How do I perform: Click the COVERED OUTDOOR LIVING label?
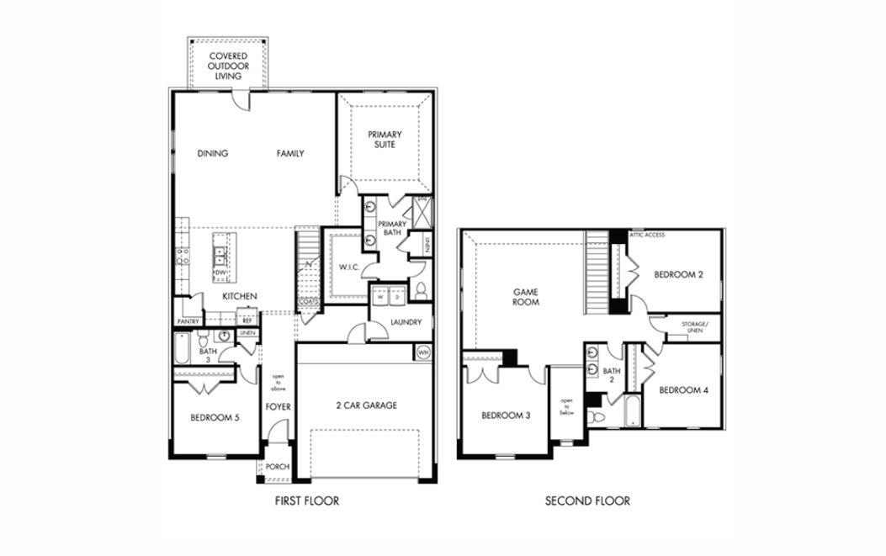(x=228, y=66)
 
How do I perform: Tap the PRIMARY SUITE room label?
(x=384, y=140)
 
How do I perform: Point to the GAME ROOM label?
(x=526, y=297)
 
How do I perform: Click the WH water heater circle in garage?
(x=423, y=352)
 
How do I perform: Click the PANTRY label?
(x=188, y=321)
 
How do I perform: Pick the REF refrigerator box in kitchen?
(x=247, y=320)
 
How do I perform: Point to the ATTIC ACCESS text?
(x=647, y=235)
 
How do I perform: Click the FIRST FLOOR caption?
(x=307, y=501)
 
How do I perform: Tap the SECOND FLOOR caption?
(x=587, y=501)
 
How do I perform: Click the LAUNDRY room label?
(x=406, y=322)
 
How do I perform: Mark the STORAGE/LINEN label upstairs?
(x=694, y=327)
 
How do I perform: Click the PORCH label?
(x=277, y=467)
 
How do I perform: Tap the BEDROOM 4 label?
(x=683, y=389)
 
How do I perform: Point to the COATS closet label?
(x=308, y=303)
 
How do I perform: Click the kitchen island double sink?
(x=220, y=254)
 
